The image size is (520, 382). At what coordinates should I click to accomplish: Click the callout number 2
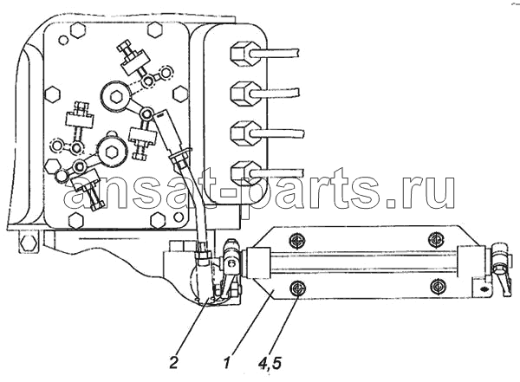[173, 363]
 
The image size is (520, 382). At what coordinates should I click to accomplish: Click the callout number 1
[226, 363]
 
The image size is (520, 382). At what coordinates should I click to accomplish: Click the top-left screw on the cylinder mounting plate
[296, 240]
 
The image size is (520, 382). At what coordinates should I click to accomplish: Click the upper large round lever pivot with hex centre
[116, 96]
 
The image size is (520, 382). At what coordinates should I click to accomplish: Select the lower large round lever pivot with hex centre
[111, 152]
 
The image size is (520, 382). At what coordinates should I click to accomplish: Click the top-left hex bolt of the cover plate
[78, 30]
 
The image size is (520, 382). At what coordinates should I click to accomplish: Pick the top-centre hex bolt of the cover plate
[155, 30]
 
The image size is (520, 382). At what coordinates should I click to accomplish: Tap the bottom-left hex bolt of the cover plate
[76, 220]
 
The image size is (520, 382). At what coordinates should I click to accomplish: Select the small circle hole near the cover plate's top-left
[63, 40]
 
